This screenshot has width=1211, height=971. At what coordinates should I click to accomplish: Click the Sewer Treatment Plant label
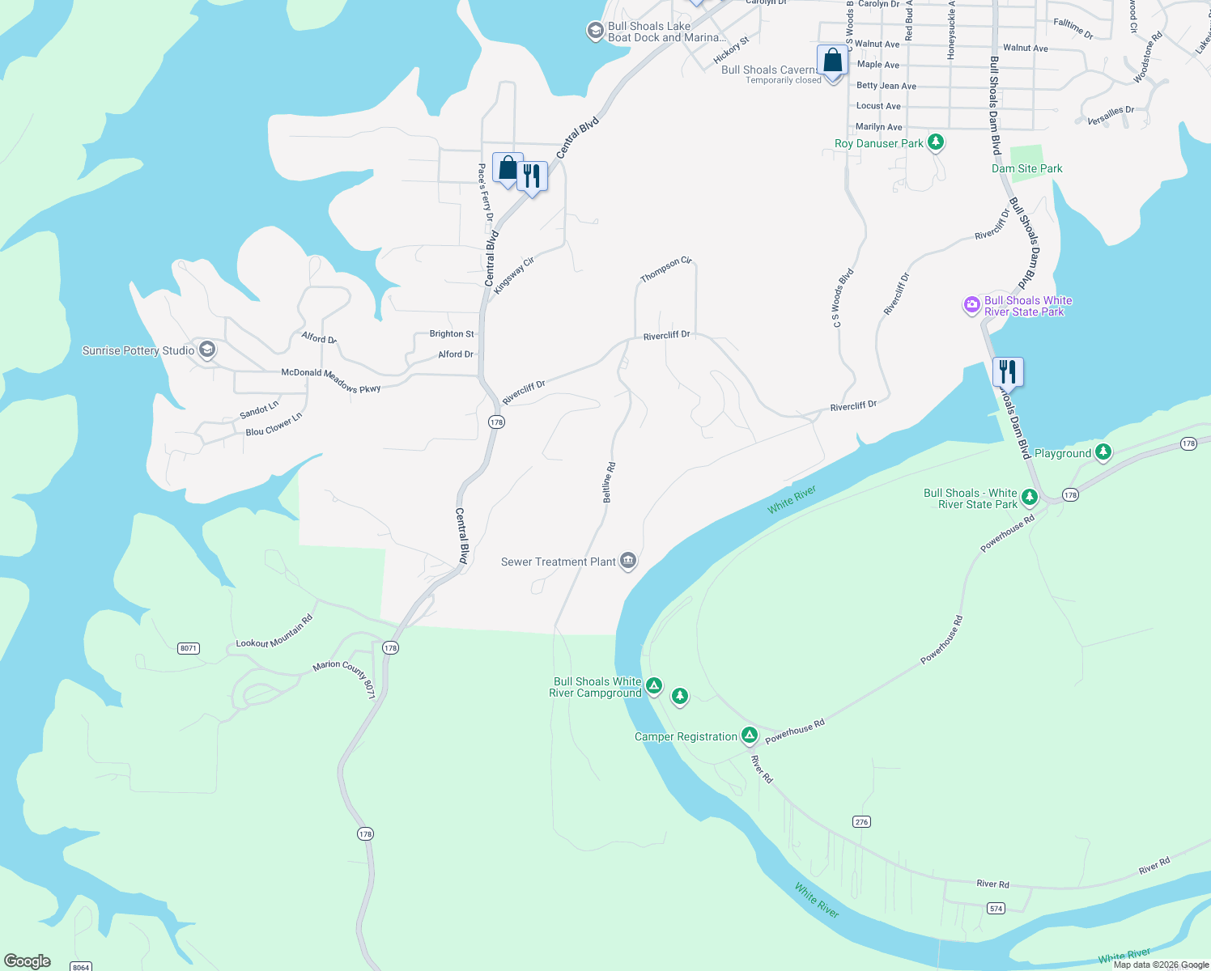559,562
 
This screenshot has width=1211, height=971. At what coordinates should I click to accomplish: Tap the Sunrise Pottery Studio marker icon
207,350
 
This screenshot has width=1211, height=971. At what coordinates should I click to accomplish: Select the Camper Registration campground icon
750,735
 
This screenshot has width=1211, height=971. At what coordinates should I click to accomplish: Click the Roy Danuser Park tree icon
936,142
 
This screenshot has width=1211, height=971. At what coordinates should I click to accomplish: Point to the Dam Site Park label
1026,168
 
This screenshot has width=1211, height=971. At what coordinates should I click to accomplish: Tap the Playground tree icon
1103,452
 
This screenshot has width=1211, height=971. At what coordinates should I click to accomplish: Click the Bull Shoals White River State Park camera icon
971,305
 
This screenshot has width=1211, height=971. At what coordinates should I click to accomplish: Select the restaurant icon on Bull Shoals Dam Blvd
1008,371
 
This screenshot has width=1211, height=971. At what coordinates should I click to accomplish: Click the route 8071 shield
189,648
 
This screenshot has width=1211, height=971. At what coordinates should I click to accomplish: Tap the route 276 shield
861,822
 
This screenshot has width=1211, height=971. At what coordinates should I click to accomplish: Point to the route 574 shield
996,909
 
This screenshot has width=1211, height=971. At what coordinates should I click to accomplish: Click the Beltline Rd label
610,483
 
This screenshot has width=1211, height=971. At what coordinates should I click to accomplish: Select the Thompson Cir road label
666,270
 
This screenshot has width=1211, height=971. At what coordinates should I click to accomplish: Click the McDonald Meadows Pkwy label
330,379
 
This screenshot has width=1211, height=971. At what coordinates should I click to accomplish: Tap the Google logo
28,961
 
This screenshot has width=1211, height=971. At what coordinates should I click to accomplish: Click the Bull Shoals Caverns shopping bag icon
832,60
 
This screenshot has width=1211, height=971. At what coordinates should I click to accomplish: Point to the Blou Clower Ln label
274,425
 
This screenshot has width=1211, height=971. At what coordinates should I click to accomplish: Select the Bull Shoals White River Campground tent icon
654,686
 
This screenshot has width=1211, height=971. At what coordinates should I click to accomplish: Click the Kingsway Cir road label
515,275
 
